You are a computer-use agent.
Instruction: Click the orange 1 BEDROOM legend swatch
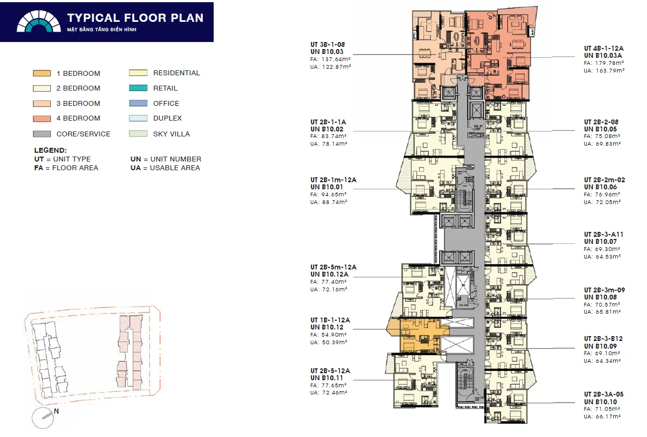coord(42,74)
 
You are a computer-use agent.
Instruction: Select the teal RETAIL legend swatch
coord(138,88)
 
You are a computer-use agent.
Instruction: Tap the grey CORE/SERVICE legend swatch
coord(42,134)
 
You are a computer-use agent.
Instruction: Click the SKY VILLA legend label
coord(171,134)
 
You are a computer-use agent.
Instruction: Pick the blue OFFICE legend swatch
coord(138,103)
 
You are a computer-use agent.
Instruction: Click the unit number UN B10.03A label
coord(603,56)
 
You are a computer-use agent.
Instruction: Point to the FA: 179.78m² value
coord(604,63)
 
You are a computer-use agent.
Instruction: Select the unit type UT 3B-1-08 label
coord(327,44)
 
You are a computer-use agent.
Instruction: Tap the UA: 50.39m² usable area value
coord(330,342)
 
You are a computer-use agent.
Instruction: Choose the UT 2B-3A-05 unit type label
coord(604,394)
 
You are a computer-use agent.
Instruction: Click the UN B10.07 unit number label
coord(600,242)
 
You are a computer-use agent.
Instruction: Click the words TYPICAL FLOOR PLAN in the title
coord(136,17)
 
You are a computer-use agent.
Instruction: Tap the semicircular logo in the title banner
coord(39,22)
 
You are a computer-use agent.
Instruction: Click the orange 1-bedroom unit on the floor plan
coord(418,336)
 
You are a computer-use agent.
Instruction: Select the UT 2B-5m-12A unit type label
coord(333,267)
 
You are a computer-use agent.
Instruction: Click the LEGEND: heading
coord(50,150)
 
